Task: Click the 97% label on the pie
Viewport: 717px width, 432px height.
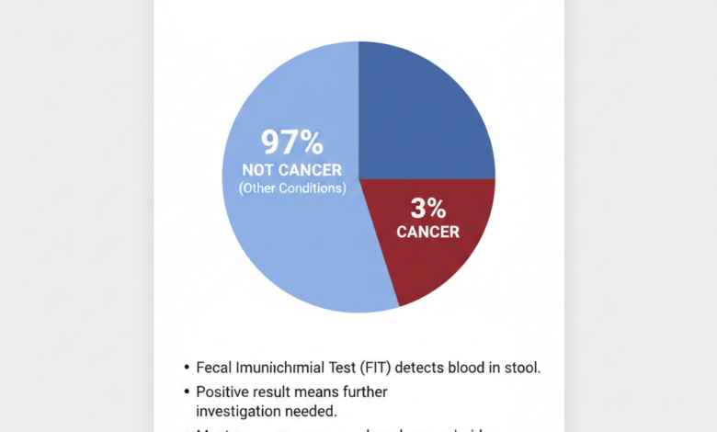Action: (x=292, y=142)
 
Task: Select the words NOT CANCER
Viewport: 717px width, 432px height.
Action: (x=292, y=170)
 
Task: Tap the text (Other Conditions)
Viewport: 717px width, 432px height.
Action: (x=292, y=188)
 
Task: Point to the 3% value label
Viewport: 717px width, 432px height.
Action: (x=428, y=208)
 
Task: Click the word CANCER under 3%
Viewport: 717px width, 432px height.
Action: (x=428, y=233)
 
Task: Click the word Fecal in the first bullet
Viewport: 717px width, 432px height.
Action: (x=215, y=367)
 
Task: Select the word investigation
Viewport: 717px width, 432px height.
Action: (x=237, y=411)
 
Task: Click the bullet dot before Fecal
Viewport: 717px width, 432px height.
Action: (x=187, y=368)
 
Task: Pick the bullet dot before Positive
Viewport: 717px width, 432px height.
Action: (x=187, y=392)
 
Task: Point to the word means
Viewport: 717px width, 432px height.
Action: (x=319, y=392)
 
